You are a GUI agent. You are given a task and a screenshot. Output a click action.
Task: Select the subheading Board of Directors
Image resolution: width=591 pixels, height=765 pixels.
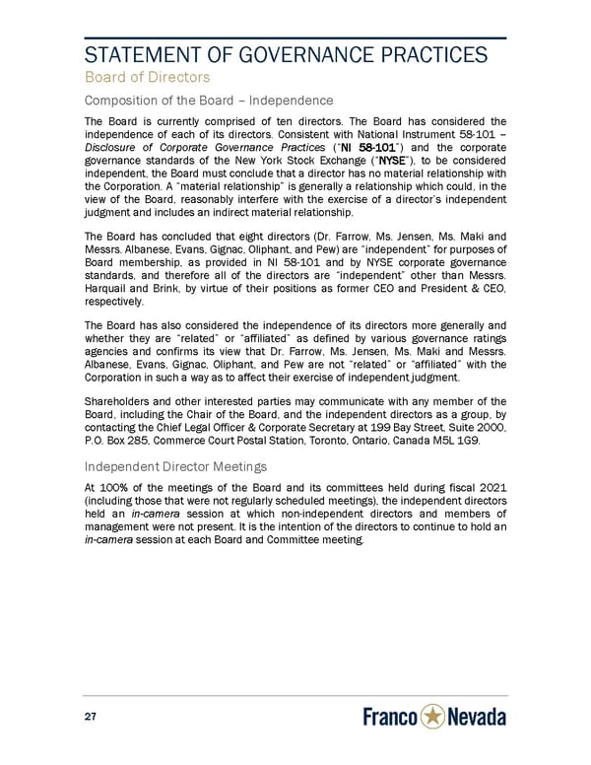pyautogui.click(x=146, y=76)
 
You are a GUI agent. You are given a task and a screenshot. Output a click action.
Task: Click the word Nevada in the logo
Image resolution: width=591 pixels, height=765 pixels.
pyautogui.click(x=478, y=718)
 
